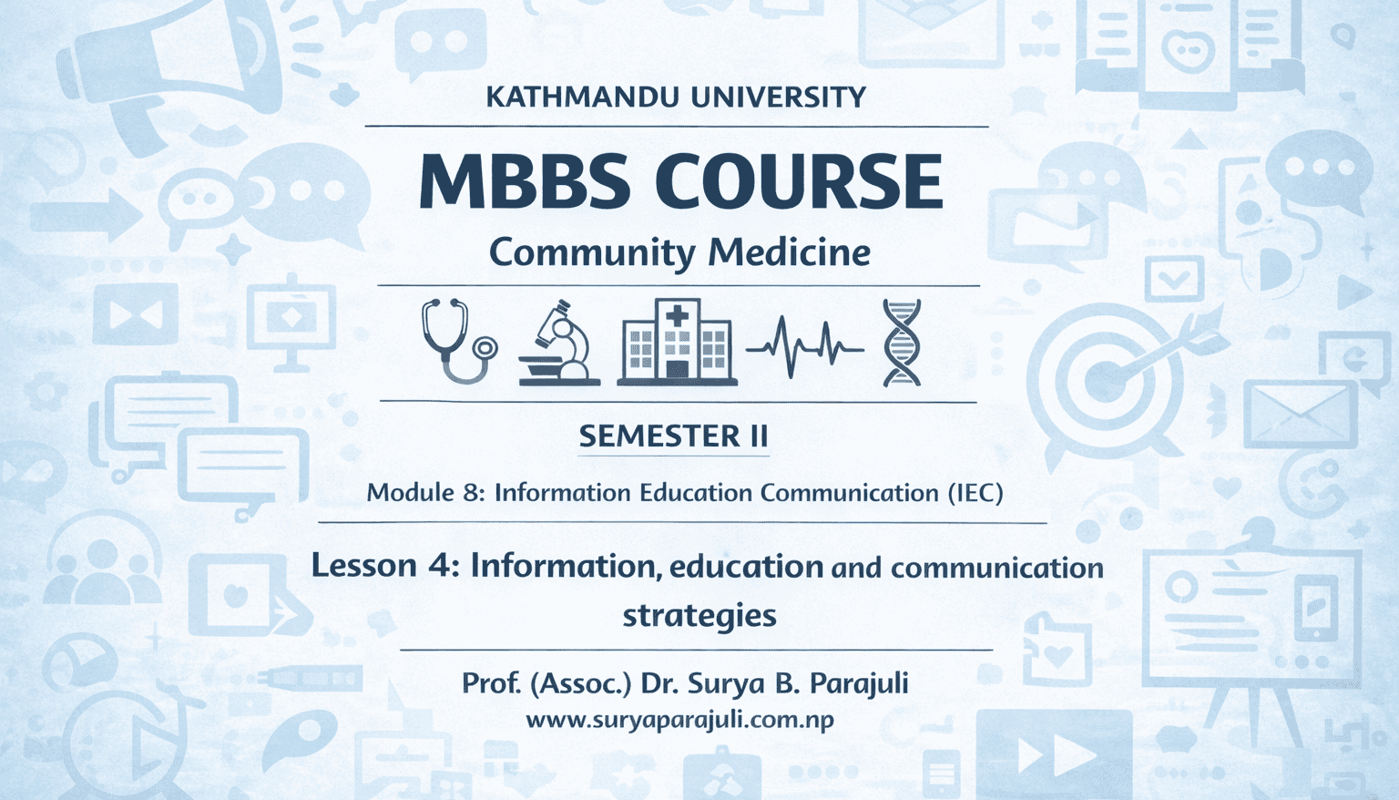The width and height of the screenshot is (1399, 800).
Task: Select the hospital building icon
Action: tap(677, 342)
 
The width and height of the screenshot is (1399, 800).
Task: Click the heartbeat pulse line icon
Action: tap(804, 346)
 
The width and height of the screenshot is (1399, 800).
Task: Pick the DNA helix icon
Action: tap(902, 343)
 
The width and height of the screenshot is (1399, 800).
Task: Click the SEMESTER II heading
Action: tap(674, 436)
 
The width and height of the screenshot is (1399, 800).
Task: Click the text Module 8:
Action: tap(424, 493)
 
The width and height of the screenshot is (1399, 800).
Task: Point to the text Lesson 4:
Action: tap(383, 566)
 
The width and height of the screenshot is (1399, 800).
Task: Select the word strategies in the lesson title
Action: tap(699, 615)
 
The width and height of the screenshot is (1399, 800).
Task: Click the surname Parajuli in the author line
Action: tap(859, 682)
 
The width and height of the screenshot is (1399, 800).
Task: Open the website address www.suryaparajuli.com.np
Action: tap(680, 720)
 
